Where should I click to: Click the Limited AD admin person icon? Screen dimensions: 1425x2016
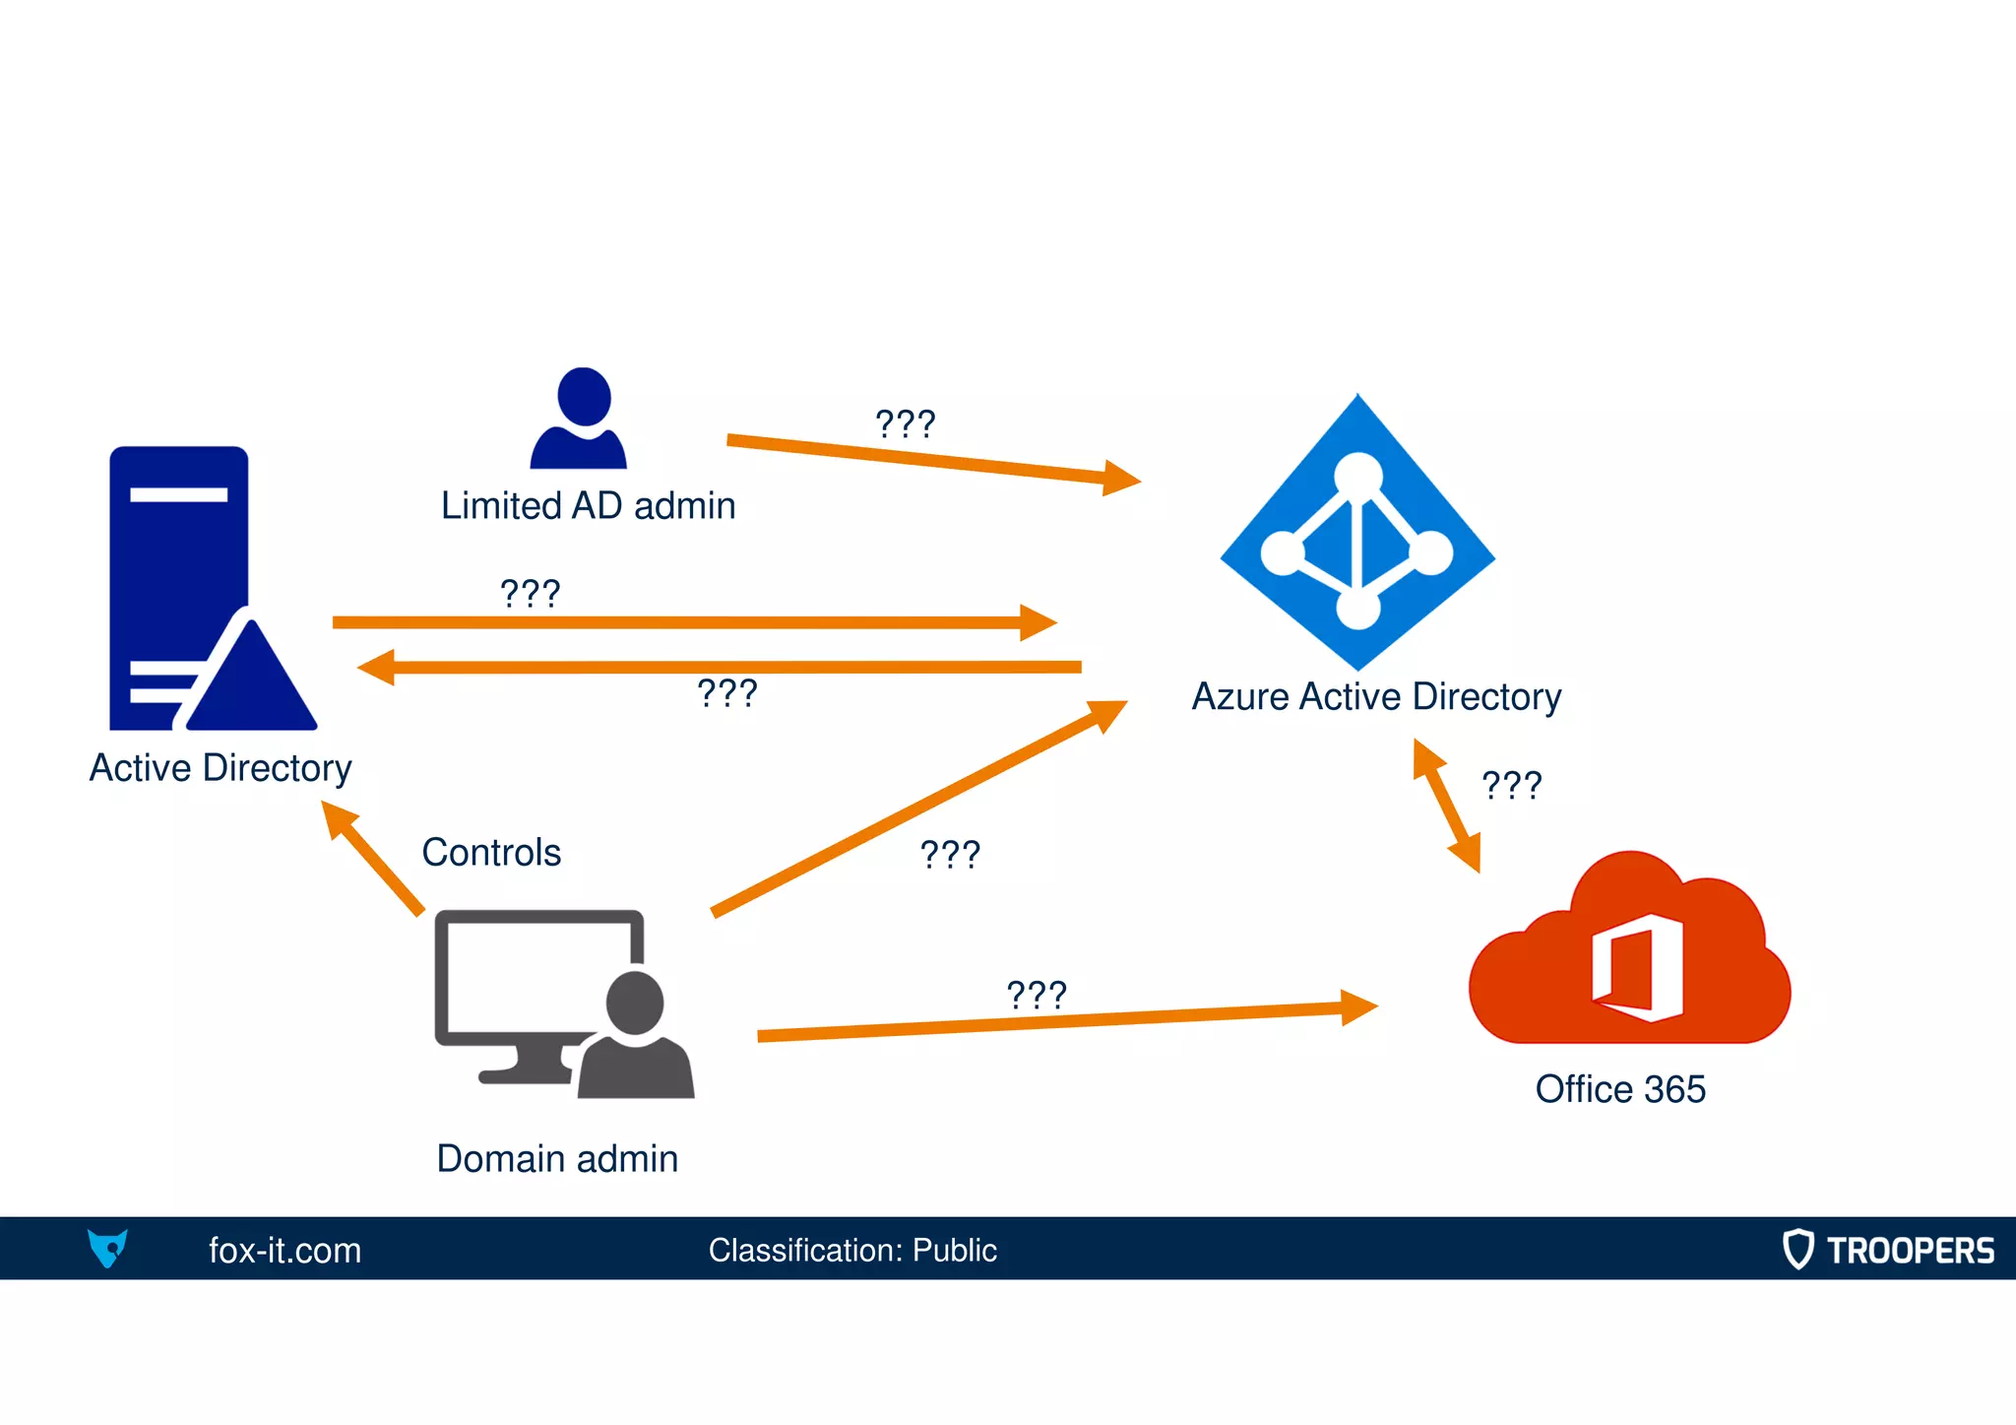point(580,419)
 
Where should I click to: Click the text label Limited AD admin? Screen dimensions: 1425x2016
point(588,506)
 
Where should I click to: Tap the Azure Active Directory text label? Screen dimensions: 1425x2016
point(1376,697)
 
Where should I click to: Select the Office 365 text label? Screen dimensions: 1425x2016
point(1620,1089)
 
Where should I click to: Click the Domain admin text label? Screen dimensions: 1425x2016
point(557,1159)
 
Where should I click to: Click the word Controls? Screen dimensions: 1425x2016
point(491,853)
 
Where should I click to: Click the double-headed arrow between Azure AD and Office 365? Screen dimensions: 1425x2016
point(1446,806)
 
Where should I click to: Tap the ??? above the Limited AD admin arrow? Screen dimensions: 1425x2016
point(905,424)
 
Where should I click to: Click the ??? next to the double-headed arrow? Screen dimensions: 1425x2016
point(1511,786)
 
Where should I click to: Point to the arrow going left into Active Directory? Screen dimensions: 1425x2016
point(719,668)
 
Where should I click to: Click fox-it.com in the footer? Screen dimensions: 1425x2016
point(284,1251)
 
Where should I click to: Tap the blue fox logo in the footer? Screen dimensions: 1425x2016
point(107,1249)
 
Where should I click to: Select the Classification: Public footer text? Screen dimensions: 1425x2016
point(852,1251)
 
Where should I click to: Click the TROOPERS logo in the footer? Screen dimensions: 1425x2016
point(1888,1250)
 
